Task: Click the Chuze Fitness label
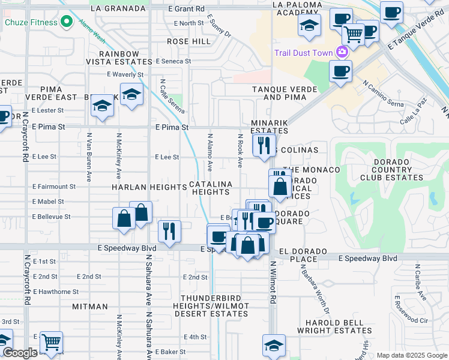click(x=31, y=23)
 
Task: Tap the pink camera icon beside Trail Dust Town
click(x=342, y=53)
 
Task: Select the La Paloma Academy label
click(x=294, y=8)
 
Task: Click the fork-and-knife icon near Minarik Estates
click(x=263, y=144)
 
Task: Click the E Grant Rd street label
click(x=186, y=9)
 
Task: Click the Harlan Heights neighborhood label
click(x=149, y=187)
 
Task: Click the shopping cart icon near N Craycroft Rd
click(x=51, y=341)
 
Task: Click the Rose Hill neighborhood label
click(x=188, y=41)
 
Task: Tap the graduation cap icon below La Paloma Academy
click(x=309, y=25)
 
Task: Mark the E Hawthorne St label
click(x=55, y=292)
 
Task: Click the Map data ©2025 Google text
click(x=412, y=355)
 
